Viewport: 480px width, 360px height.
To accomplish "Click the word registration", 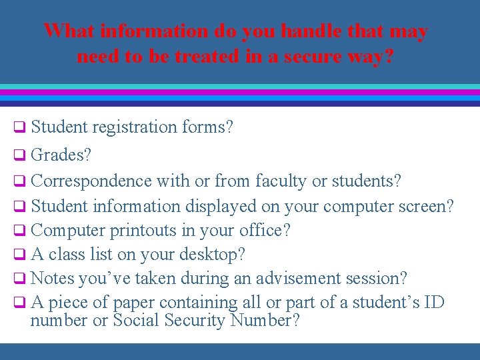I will (136, 127).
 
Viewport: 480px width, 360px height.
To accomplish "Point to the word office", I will (265, 231).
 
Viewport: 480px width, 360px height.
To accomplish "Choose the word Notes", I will (51, 278).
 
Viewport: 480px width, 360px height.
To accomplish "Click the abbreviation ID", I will (434, 302).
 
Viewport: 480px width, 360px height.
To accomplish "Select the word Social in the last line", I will (137, 321).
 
